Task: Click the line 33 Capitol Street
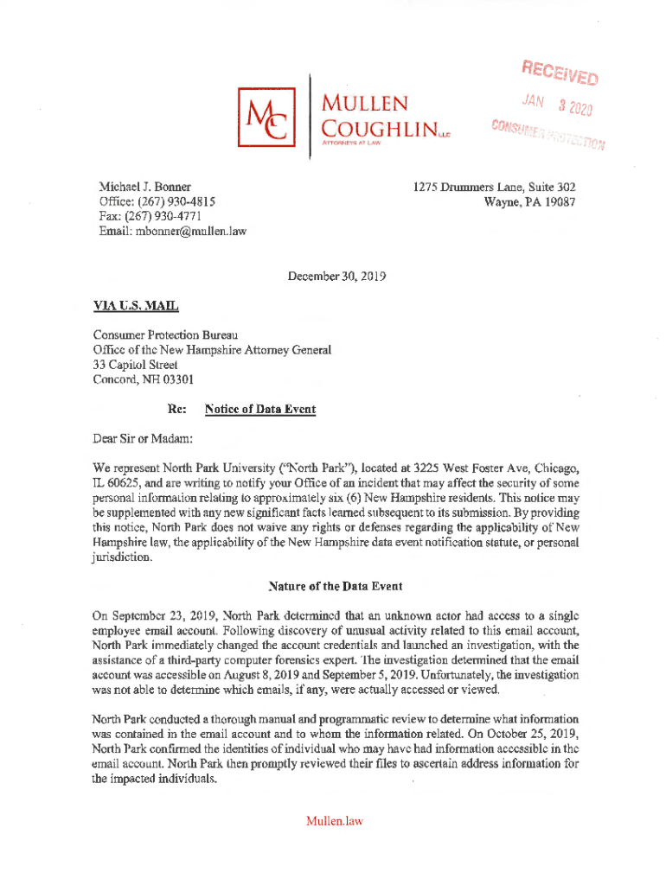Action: pos(136,364)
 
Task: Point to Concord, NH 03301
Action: pos(144,379)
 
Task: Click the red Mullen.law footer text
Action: pos(333,821)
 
